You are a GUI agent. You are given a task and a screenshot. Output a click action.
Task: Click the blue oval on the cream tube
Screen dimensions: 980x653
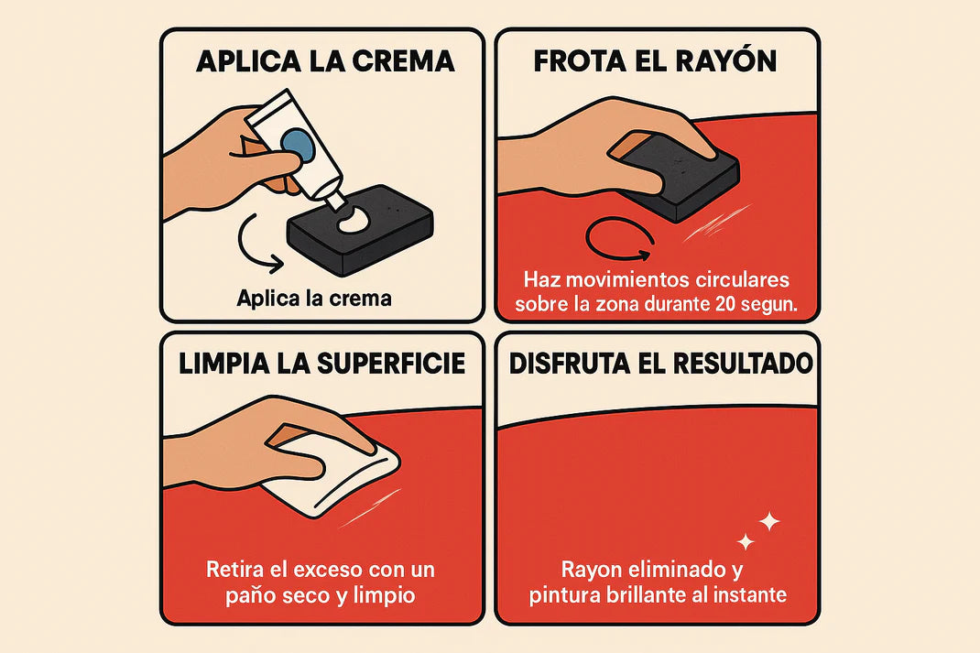click(x=296, y=143)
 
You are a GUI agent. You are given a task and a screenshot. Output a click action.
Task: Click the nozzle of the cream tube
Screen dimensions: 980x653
click(x=335, y=199)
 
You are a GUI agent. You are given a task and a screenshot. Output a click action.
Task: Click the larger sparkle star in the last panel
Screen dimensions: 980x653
click(x=768, y=521)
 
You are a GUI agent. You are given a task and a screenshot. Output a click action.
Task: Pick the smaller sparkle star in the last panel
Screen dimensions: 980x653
click(x=745, y=542)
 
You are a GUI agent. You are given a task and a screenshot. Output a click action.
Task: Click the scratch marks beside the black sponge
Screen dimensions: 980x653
click(x=716, y=223)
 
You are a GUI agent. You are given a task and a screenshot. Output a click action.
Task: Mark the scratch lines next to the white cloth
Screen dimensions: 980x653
click(x=370, y=508)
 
